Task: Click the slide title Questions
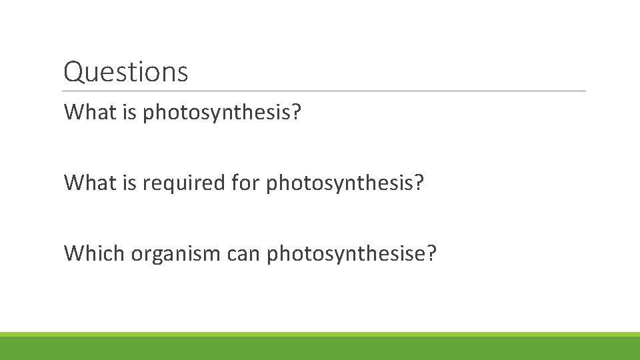point(125,72)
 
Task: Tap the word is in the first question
point(131,112)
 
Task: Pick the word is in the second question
point(131,182)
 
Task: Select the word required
point(185,183)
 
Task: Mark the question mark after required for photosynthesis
point(419,182)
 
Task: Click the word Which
point(94,253)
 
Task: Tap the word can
point(244,253)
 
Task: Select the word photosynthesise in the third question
point(345,253)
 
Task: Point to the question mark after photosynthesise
point(431,253)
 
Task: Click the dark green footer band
point(320,349)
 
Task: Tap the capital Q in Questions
point(73,72)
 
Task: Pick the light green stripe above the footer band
point(320,334)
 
